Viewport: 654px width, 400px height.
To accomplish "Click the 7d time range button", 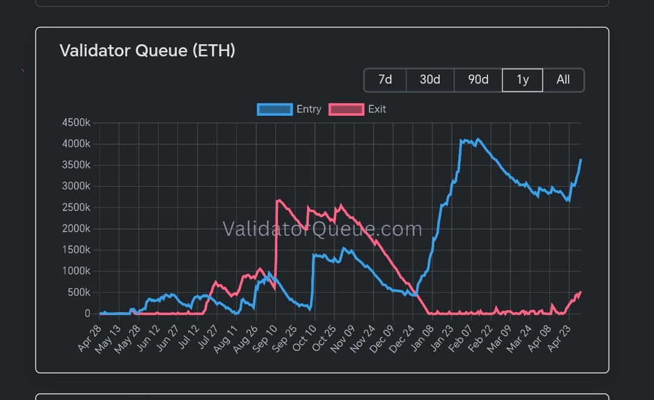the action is [x=385, y=80].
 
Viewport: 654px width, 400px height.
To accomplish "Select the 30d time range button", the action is [x=430, y=80].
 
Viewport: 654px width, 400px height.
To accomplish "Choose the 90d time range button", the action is [x=478, y=80].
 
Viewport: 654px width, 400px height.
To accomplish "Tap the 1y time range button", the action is [x=523, y=80].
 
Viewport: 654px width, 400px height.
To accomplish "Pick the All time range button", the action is [x=563, y=80].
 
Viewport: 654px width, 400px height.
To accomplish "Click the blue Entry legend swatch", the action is [x=274, y=110].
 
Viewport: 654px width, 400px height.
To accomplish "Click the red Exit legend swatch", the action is [x=346, y=110].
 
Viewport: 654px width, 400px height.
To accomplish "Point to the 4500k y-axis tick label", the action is [x=76, y=123].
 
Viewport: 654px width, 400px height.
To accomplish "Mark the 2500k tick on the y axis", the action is [x=76, y=207].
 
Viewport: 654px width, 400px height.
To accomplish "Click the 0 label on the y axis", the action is [x=87, y=313].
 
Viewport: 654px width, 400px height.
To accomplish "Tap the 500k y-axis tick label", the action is [x=79, y=292].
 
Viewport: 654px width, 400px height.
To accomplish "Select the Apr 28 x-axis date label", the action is [x=90, y=338].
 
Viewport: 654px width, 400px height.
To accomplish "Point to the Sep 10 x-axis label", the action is [x=265, y=339].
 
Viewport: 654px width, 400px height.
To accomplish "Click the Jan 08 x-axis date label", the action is [x=422, y=339].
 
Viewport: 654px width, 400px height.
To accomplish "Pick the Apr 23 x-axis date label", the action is [x=559, y=339].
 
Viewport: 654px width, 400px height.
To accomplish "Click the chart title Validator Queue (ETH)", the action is [x=147, y=50].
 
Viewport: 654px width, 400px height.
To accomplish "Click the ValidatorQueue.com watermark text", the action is [x=322, y=229].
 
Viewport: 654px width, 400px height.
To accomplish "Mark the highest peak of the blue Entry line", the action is [x=478, y=139].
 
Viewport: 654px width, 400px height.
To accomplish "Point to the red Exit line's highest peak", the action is [x=279, y=200].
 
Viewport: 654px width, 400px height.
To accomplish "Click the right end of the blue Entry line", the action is [x=581, y=159].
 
